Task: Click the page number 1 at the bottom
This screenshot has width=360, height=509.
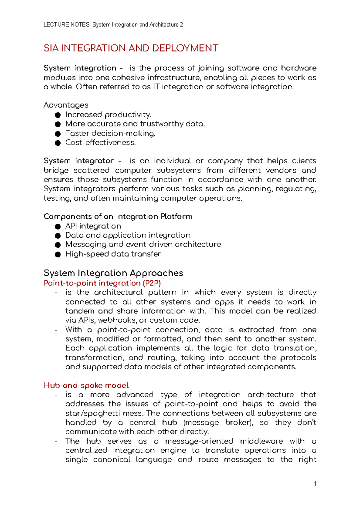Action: point(315,484)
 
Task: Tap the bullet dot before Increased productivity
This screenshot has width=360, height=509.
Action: point(58,115)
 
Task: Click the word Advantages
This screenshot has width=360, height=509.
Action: point(66,105)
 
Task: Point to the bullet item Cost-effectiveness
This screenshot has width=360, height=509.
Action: point(100,143)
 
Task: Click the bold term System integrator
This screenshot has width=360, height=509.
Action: point(79,161)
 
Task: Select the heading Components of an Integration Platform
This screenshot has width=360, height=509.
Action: point(118,216)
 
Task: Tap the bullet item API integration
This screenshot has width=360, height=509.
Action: point(93,226)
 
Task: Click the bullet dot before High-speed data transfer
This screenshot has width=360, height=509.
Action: point(58,255)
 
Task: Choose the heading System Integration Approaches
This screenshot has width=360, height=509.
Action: point(113,273)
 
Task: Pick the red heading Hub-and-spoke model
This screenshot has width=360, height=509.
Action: point(86,385)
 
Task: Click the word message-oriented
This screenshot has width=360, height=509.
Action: point(199,441)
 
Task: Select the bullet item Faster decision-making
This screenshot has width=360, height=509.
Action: point(110,133)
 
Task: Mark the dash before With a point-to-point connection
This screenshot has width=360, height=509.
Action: point(56,330)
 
